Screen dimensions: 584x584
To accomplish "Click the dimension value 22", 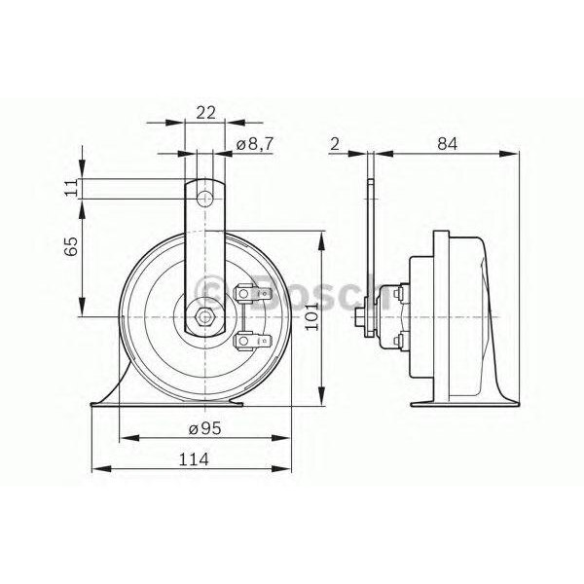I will click(x=204, y=112).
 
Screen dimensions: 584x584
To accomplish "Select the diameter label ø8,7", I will click(x=254, y=144).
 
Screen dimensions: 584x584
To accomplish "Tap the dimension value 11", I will click(x=70, y=188).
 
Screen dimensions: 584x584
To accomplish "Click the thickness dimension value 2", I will click(x=335, y=144).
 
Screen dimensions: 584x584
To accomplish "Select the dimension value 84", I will click(x=447, y=144).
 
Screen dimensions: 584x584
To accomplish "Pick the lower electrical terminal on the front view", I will click(x=247, y=341).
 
